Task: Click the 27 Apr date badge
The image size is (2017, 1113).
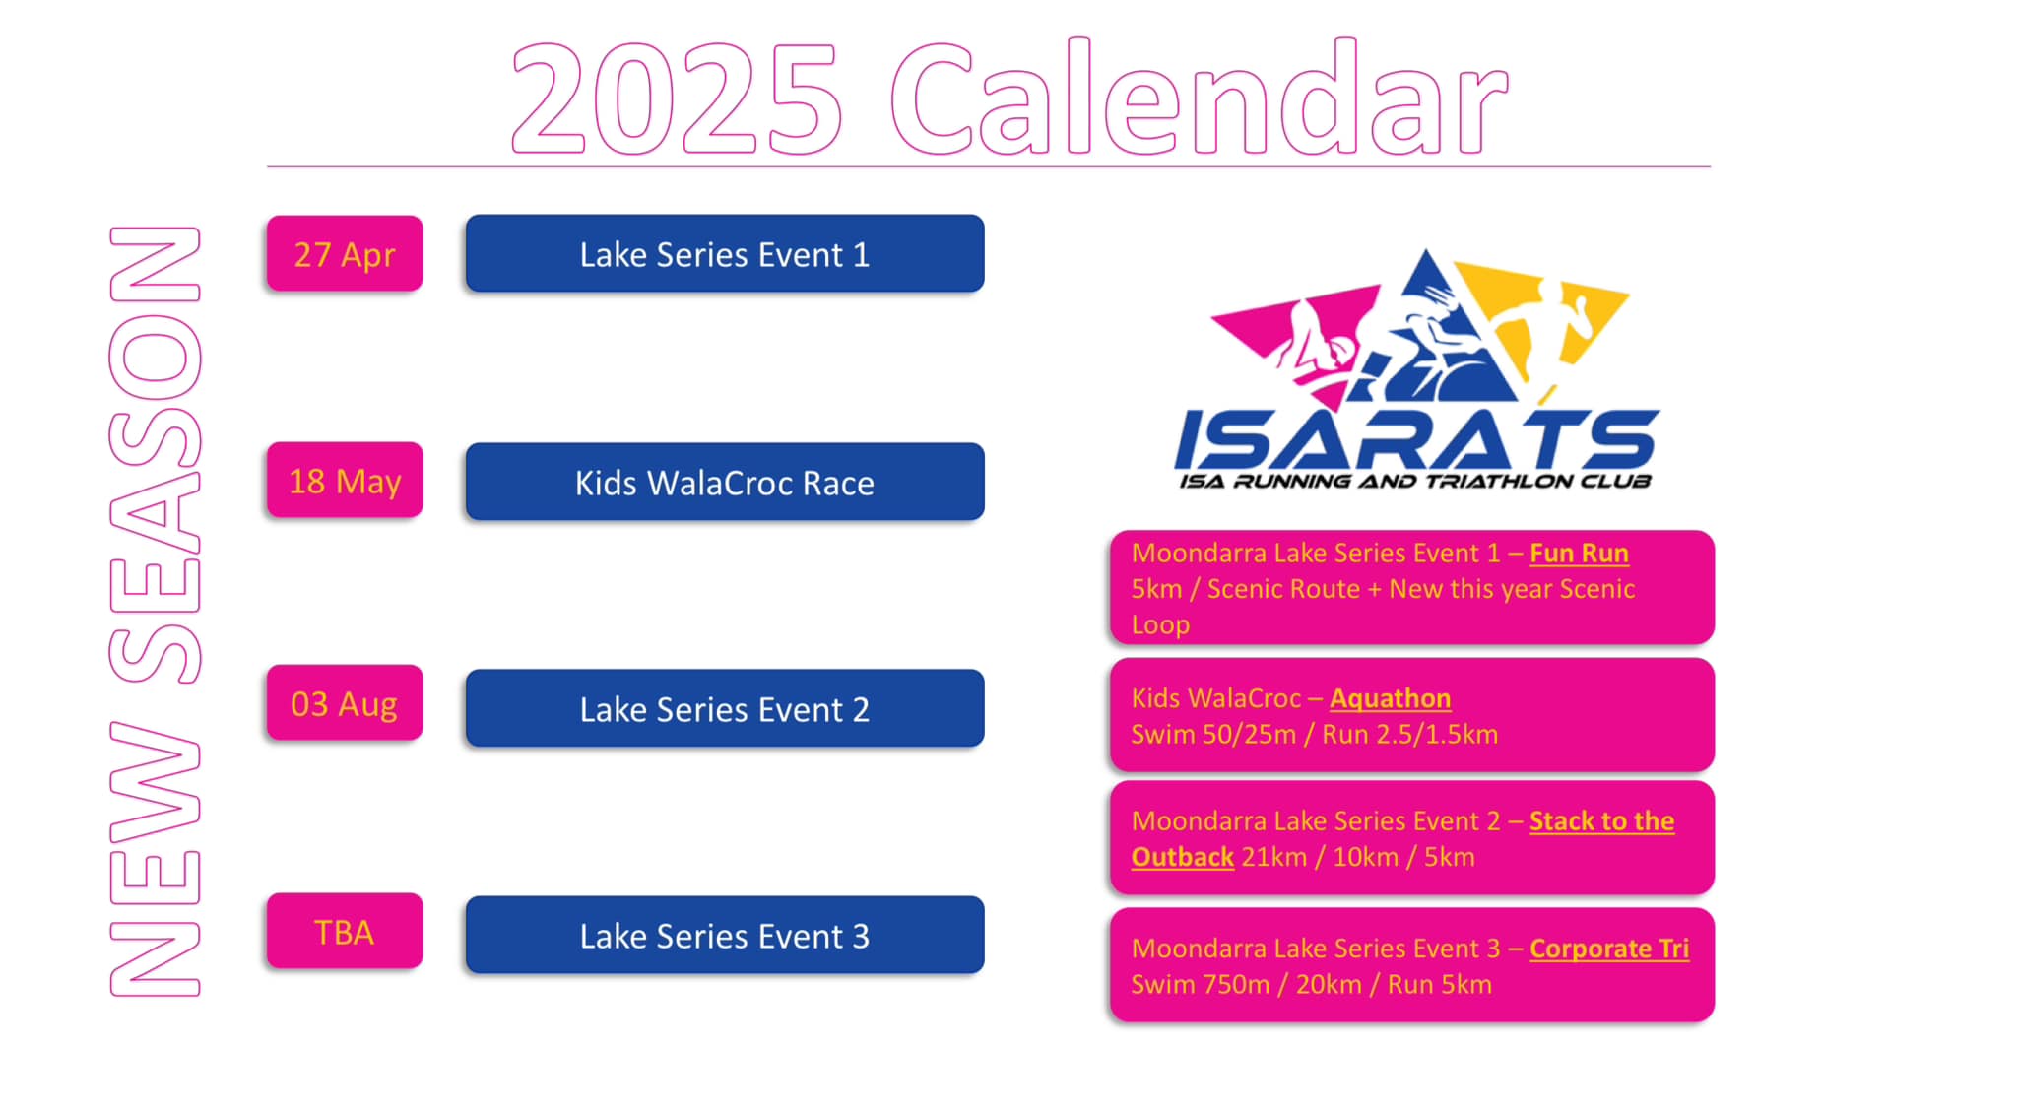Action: (345, 254)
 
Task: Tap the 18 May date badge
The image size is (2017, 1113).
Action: (345, 481)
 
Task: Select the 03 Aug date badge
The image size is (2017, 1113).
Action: (345, 703)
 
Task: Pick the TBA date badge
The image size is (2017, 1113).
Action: (345, 931)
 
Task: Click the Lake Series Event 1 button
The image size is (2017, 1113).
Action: (725, 254)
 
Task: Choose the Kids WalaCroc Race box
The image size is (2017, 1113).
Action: (725, 482)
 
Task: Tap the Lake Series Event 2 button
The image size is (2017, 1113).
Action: (725, 708)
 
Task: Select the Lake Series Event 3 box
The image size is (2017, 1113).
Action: (725, 935)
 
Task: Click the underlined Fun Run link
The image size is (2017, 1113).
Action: (1579, 554)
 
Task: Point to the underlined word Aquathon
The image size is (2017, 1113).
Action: (1390, 699)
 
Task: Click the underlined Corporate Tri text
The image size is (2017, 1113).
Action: (1609, 949)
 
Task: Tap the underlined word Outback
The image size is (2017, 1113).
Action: (1182, 857)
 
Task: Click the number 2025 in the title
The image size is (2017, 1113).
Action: (677, 98)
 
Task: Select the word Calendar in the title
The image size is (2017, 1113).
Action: (1199, 97)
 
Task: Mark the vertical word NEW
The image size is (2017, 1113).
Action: (156, 859)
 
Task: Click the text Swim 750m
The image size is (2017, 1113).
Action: (1200, 985)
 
